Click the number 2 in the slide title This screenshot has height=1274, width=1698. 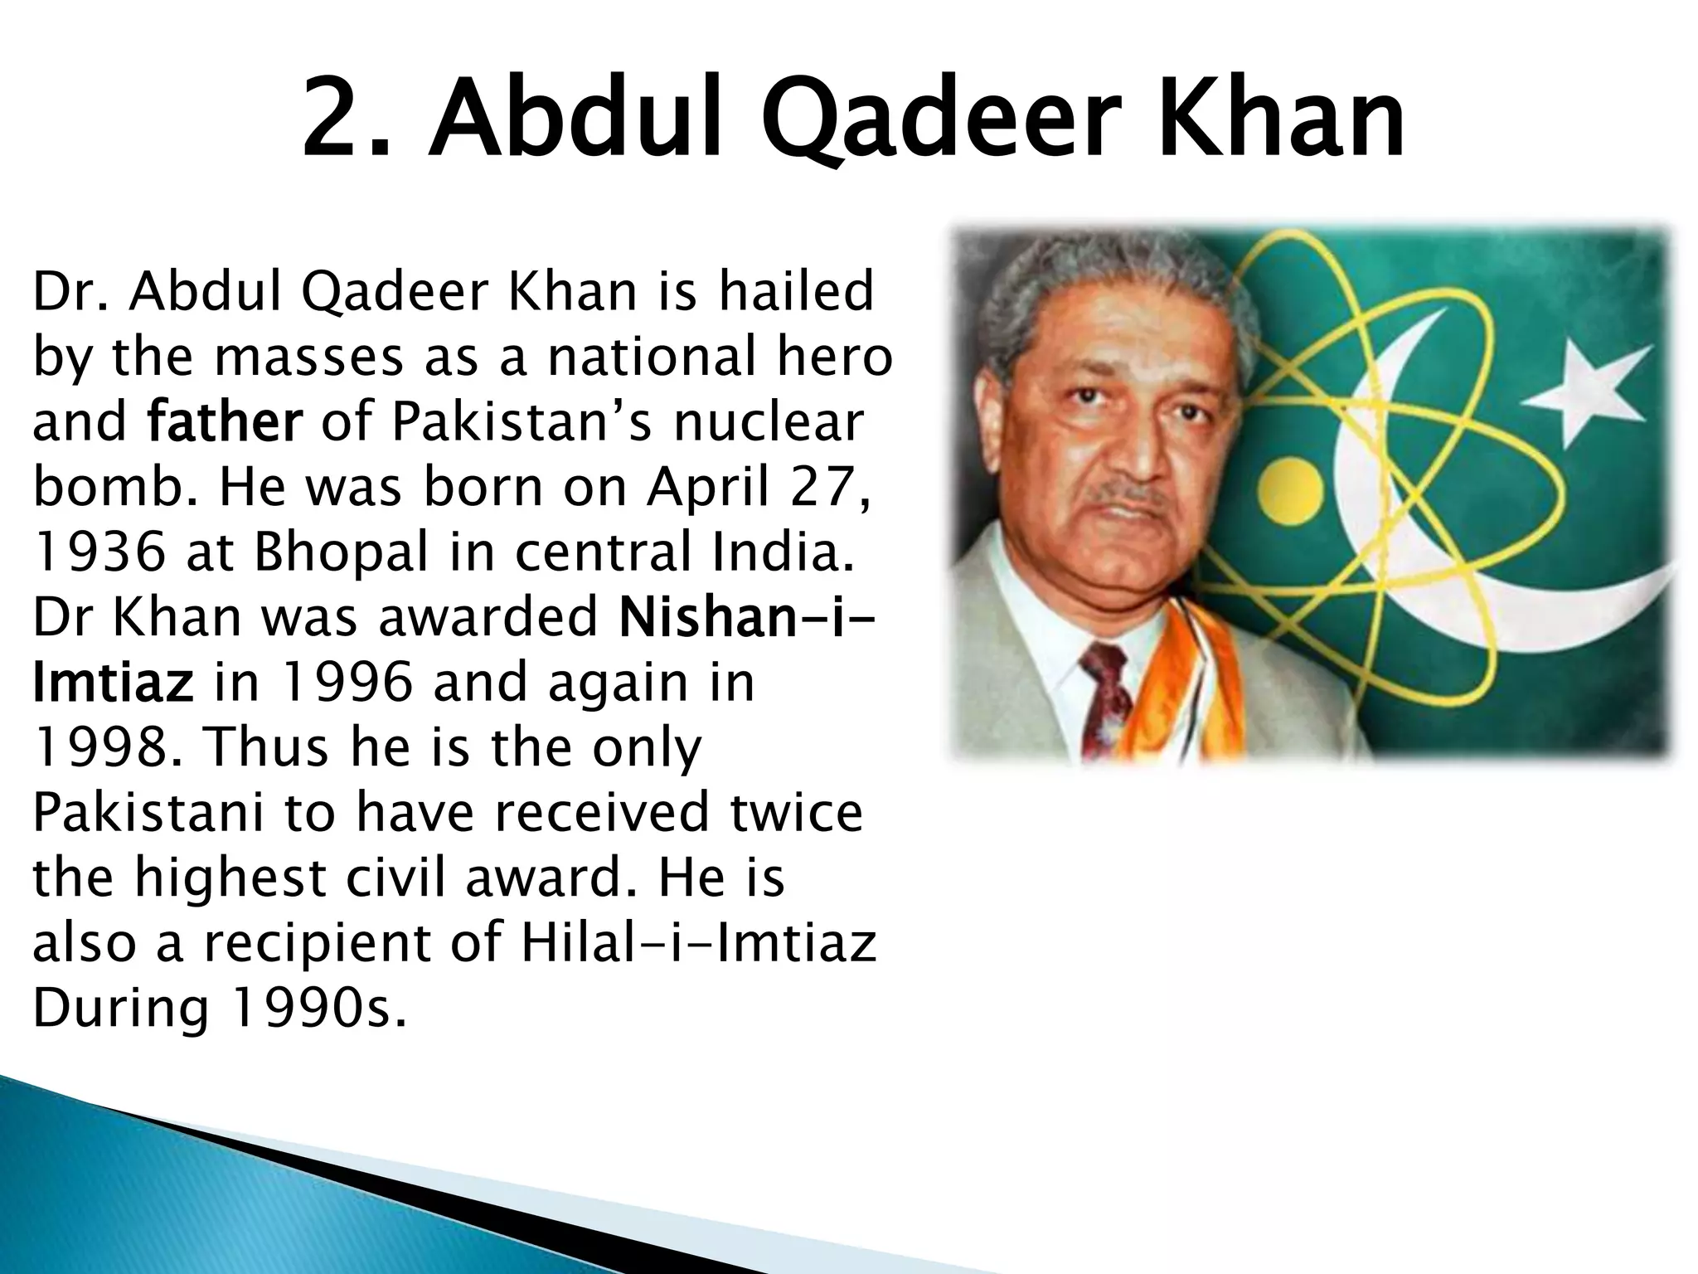tap(336, 119)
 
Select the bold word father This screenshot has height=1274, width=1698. tap(225, 422)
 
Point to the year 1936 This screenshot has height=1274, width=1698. tap(99, 552)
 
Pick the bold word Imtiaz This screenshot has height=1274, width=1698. tap(113, 683)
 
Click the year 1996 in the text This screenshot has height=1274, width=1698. tap(347, 683)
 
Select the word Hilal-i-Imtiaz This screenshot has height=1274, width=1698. tap(698, 943)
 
